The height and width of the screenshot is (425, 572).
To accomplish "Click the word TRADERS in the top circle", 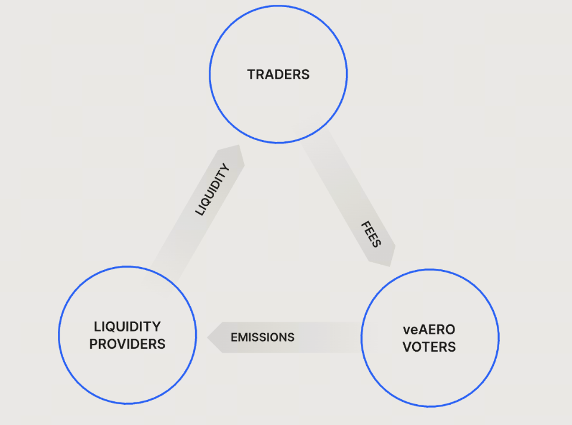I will pos(279,75).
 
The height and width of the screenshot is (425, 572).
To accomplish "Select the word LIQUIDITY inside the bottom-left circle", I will pos(127,327).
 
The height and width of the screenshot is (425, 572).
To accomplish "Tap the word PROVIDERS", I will pos(127,344).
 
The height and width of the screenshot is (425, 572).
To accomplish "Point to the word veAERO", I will pos(429,330).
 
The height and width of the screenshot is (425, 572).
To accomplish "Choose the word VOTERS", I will pos(429,347).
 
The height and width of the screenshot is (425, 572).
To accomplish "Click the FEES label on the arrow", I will pos(370,235).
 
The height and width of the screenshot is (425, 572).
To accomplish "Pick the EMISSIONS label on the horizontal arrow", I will pos(262,337).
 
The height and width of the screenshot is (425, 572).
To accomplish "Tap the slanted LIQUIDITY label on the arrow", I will pos(213,190).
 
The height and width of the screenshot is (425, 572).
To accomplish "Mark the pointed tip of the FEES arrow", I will pos(391,265).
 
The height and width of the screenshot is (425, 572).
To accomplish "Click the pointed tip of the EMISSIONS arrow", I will pos(208,337).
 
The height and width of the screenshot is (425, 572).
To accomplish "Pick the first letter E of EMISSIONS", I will pos(234,337).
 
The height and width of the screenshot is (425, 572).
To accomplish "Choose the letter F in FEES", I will pos(364,225).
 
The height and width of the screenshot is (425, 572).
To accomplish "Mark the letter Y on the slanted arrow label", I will pos(225,169).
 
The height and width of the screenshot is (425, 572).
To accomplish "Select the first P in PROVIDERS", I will pos(94,344).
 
